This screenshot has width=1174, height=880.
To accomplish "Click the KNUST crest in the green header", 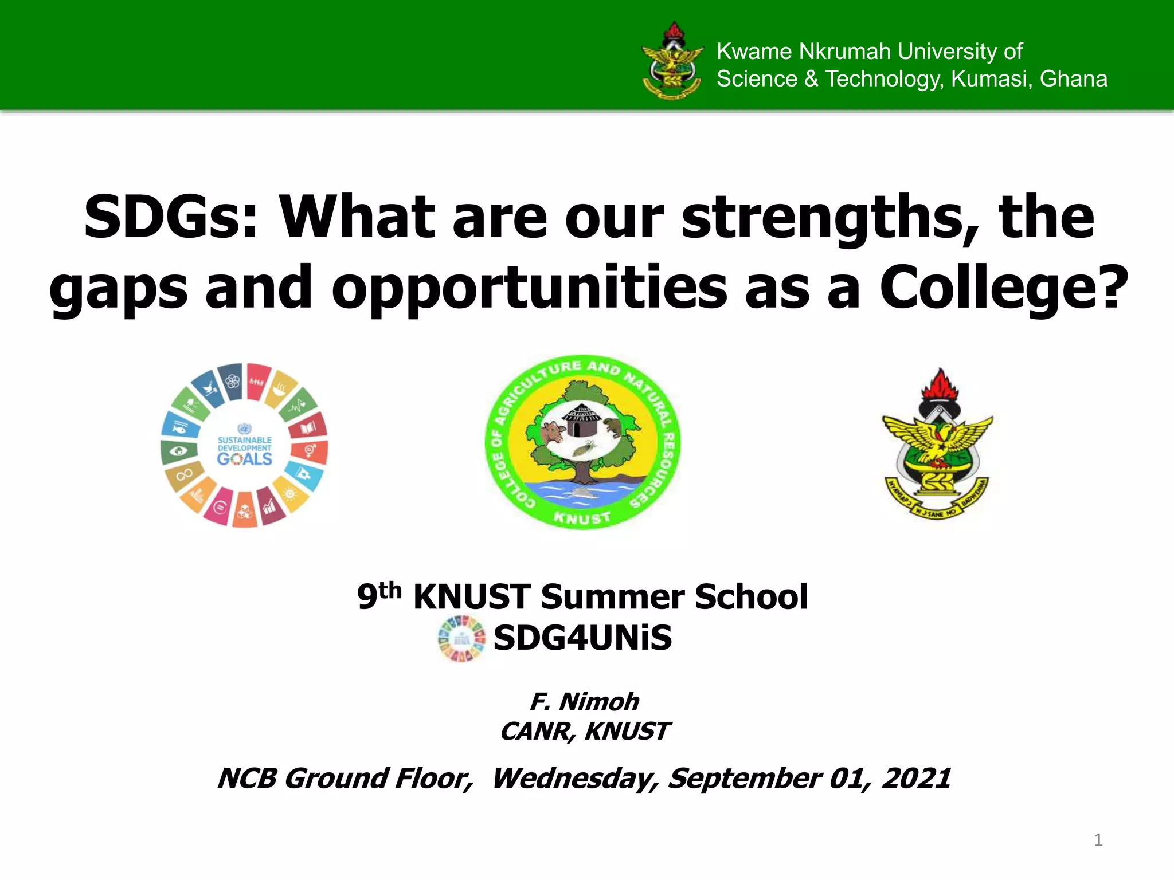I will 672,61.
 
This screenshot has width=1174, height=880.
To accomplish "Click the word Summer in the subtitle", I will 612,597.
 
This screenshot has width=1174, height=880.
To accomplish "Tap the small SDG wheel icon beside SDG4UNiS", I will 461,639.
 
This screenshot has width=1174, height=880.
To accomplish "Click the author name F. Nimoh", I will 584,701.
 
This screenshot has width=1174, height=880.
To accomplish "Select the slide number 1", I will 1098,840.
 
